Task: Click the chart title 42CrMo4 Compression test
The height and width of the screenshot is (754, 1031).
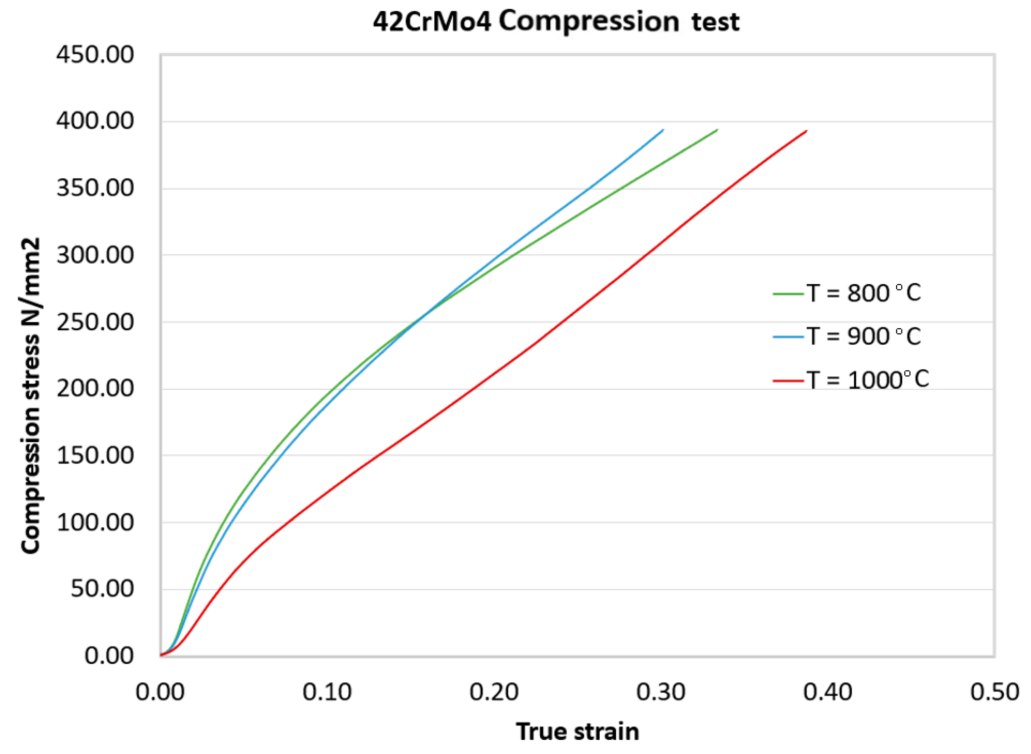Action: (x=556, y=22)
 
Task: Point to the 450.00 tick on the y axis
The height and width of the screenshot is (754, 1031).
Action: (x=95, y=55)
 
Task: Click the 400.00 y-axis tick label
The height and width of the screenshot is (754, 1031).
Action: (x=95, y=121)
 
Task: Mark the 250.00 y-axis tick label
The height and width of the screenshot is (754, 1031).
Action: (x=95, y=322)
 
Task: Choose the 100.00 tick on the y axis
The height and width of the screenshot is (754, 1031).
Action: (x=95, y=522)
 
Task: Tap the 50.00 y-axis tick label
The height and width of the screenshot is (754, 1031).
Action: (x=102, y=589)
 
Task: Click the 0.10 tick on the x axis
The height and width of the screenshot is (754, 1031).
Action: (x=327, y=692)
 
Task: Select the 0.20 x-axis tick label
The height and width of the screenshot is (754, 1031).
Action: (x=494, y=692)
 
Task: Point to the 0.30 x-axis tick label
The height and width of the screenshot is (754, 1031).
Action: (x=661, y=692)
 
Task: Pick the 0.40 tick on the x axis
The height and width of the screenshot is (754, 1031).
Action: (x=828, y=692)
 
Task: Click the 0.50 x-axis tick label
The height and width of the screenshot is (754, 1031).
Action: (x=995, y=692)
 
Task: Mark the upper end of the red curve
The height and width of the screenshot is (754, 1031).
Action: (x=807, y=131)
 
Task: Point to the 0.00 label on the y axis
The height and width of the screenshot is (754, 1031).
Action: (x=109, y=656)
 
